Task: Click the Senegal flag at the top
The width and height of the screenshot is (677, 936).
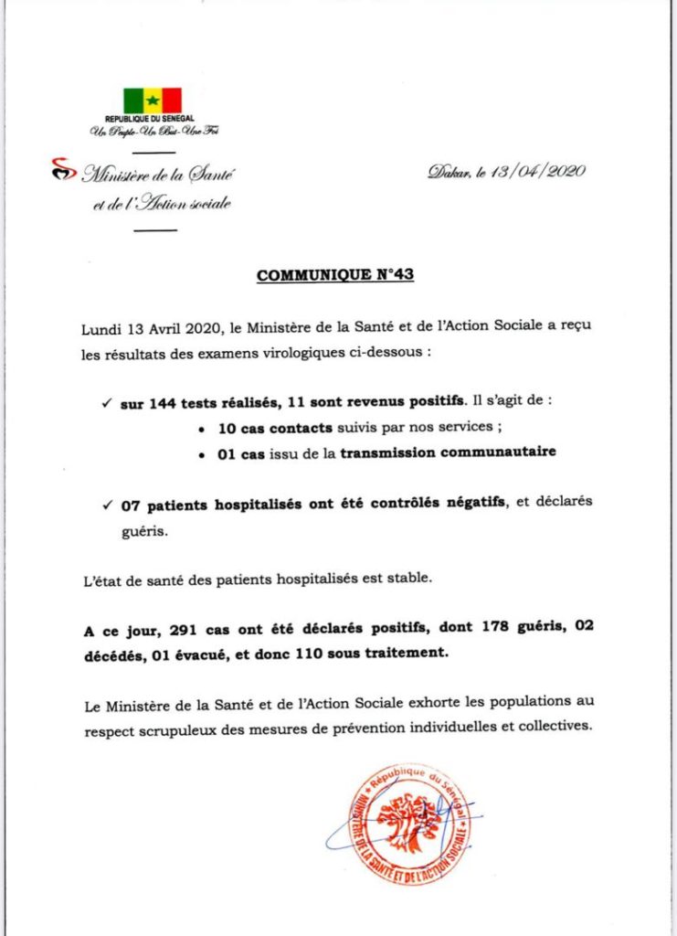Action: (x=153, y=100)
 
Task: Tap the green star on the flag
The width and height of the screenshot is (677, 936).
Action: (x=153, y=100)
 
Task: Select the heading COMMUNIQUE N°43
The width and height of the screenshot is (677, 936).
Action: (x=335, y=274)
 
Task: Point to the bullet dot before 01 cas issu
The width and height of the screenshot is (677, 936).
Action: (x=201, y=452)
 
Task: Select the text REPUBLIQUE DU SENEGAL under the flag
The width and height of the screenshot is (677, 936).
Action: (x=153, y=119)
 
